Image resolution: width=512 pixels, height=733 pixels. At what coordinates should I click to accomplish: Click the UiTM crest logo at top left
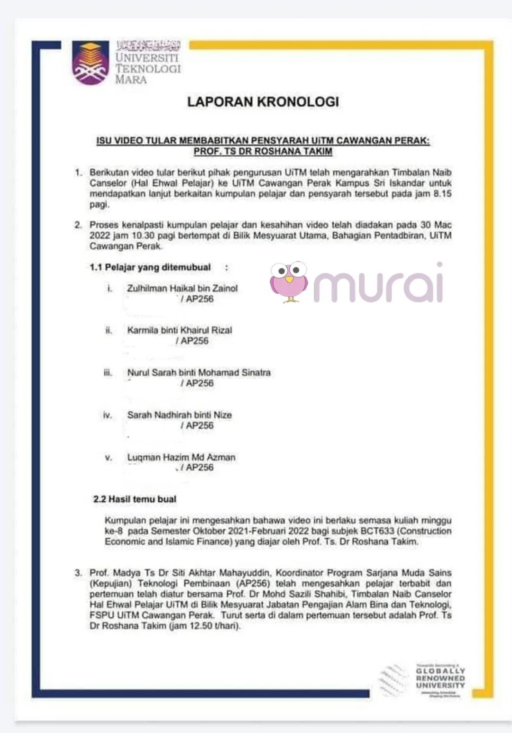point(90,63)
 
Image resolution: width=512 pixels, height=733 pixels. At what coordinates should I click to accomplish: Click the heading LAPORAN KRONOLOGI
point(263,101)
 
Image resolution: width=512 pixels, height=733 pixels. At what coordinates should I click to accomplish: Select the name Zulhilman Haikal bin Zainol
point(182,288)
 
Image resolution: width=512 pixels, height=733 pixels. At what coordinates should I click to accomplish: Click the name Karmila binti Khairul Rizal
point(180,330)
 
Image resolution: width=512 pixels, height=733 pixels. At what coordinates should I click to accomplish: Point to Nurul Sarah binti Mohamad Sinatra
point(199,372)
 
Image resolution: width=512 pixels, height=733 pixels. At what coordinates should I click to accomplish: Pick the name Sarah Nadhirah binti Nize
point(179,415)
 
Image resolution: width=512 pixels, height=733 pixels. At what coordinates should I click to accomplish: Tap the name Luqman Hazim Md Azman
point(181,457)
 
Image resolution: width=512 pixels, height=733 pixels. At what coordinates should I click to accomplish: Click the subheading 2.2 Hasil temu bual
point(135,499)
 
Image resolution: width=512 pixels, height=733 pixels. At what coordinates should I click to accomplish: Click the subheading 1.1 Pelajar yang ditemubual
point(150,267)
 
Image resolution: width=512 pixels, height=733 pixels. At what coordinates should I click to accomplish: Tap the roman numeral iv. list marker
point(108,415)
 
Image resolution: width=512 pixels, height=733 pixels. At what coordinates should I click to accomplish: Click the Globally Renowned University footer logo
point(440,678)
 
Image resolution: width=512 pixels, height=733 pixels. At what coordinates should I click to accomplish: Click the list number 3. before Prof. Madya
point(78,573)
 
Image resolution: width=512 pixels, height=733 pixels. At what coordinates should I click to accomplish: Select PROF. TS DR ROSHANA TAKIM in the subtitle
point(263,152)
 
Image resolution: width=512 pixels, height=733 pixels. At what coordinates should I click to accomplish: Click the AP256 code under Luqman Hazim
point(200,468)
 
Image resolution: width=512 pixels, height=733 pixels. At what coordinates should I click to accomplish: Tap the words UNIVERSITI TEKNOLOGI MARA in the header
point(148,68)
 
